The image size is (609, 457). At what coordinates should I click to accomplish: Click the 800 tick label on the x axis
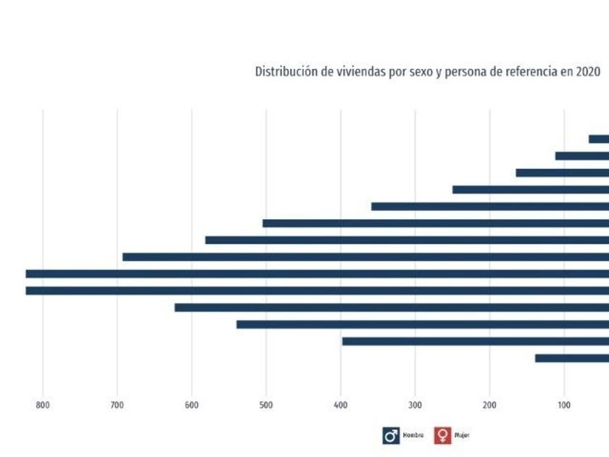coord(42,405)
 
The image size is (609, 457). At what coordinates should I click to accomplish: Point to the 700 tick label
coord(117,405)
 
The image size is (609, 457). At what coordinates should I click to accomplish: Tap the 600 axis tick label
coord(191,405)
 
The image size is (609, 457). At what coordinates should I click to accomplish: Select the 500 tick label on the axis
coord(266,405)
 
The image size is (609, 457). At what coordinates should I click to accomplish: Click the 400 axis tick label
coord(341,405)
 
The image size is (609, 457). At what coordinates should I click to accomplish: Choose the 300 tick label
coord(415,405)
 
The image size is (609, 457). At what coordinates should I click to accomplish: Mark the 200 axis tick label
coord(489,405)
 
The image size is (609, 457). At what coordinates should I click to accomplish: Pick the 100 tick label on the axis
coord(564,405)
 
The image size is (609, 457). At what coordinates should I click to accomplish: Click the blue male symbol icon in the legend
coord(391,435)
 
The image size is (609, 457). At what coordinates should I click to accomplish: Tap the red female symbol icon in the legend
coord(442,435)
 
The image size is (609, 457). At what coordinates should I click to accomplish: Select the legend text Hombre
coord(413,435)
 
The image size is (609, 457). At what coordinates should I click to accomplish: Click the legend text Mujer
coord(462,435)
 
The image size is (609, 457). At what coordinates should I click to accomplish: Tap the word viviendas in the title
coord(347,72)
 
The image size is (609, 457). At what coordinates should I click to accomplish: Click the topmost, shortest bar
coord(599,139)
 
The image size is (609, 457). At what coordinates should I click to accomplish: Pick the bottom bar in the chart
coord(572,358)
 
